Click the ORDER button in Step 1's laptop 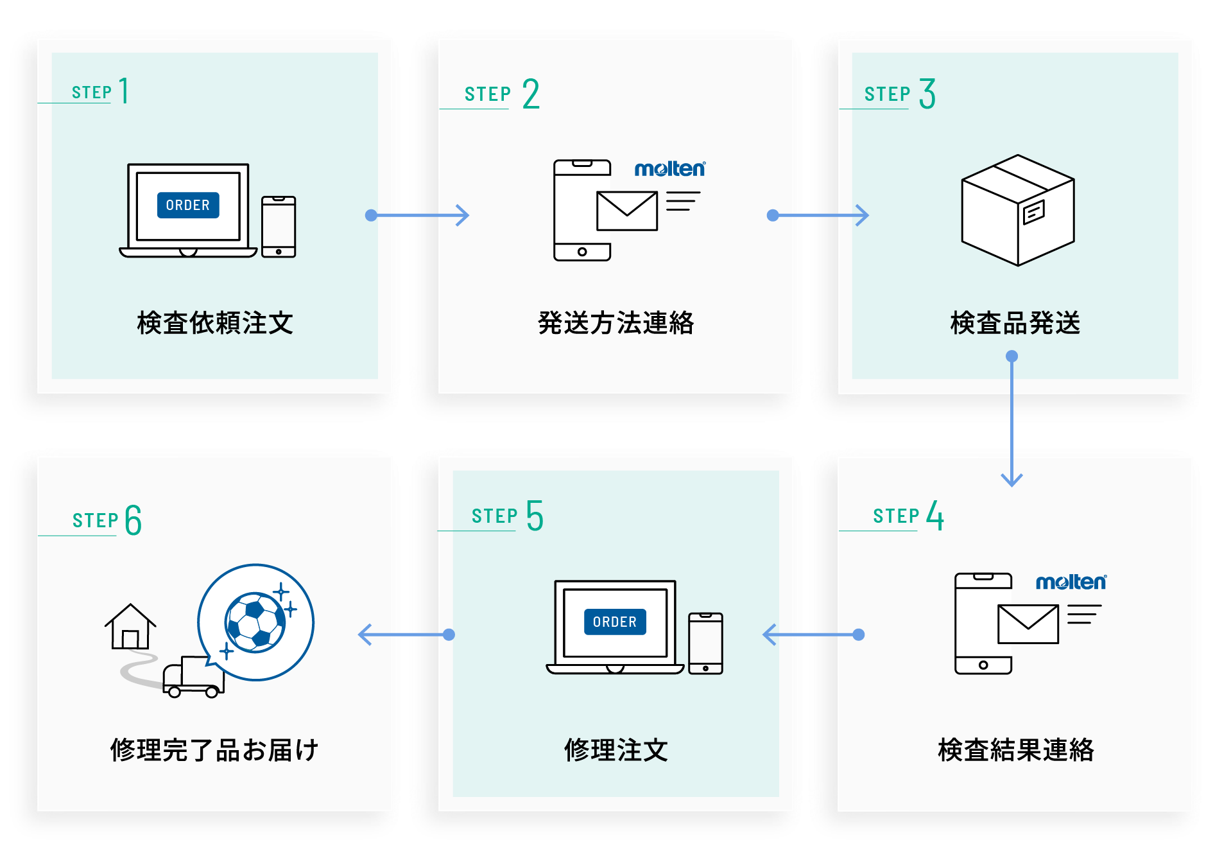[x=188, y=206]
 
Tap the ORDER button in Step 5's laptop [x=615, y=622]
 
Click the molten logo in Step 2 [x=669, y=169]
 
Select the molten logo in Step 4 [x=1071, y=582]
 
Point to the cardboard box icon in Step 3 [x=1017, y=210]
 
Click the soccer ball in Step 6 [x=255, y=622]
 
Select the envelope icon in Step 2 [x=626, y=211]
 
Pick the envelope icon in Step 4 [x=1028, y=624]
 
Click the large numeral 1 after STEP [x=124, y=91]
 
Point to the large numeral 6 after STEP [x=133, y=520]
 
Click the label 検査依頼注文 [x=214, y=323]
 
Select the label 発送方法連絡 [x=615, y=323]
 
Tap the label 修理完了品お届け [x=214, y=750]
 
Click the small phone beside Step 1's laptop [x=279, y=227]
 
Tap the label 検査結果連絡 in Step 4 [x=1015, y=750]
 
